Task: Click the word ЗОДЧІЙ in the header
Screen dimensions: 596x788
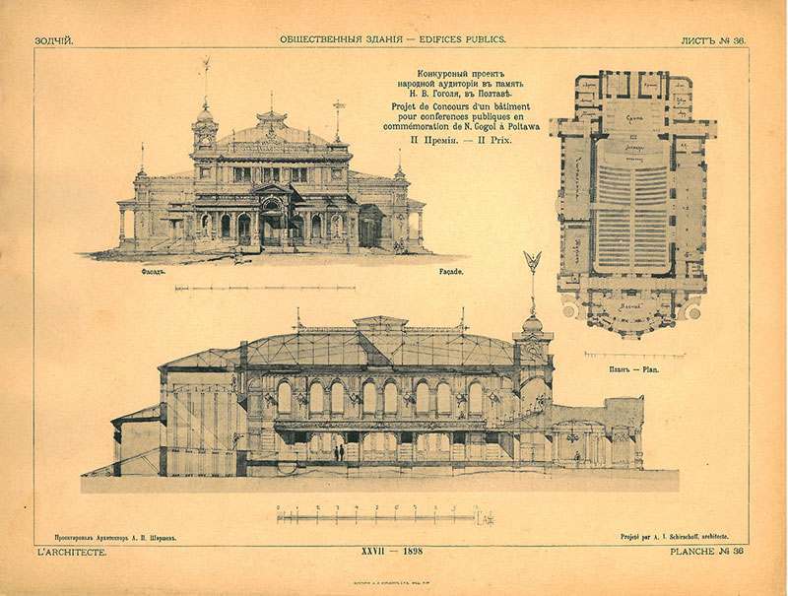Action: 54,39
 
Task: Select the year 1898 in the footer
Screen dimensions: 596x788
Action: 407,555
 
